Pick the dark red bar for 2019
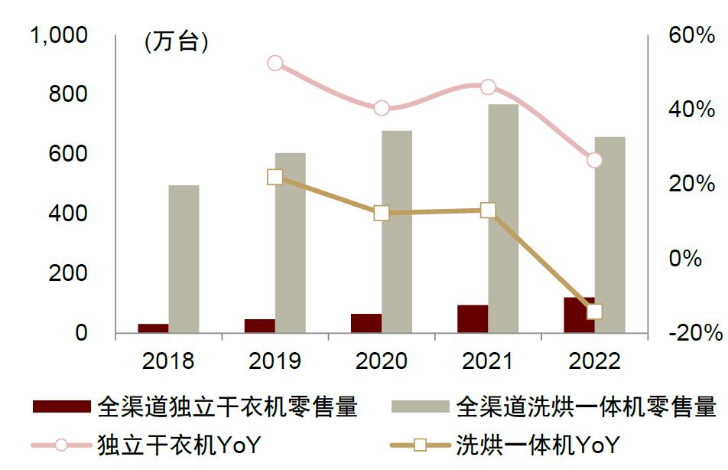[x=259, y=325]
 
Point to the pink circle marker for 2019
[x=275, y=64]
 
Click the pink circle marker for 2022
[x=595, y=160]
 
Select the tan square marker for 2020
[x=382, y=214]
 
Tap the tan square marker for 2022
[x=595, y=312]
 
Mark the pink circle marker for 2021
[x=488, y=87]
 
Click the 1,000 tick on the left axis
[x=58, y=35]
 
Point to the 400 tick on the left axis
[x=69, y=214]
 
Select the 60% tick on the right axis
[x=691, y=35]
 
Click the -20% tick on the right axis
[x=694, y=333]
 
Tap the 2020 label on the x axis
[x=382, y=361]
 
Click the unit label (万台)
[x=176, y=43]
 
